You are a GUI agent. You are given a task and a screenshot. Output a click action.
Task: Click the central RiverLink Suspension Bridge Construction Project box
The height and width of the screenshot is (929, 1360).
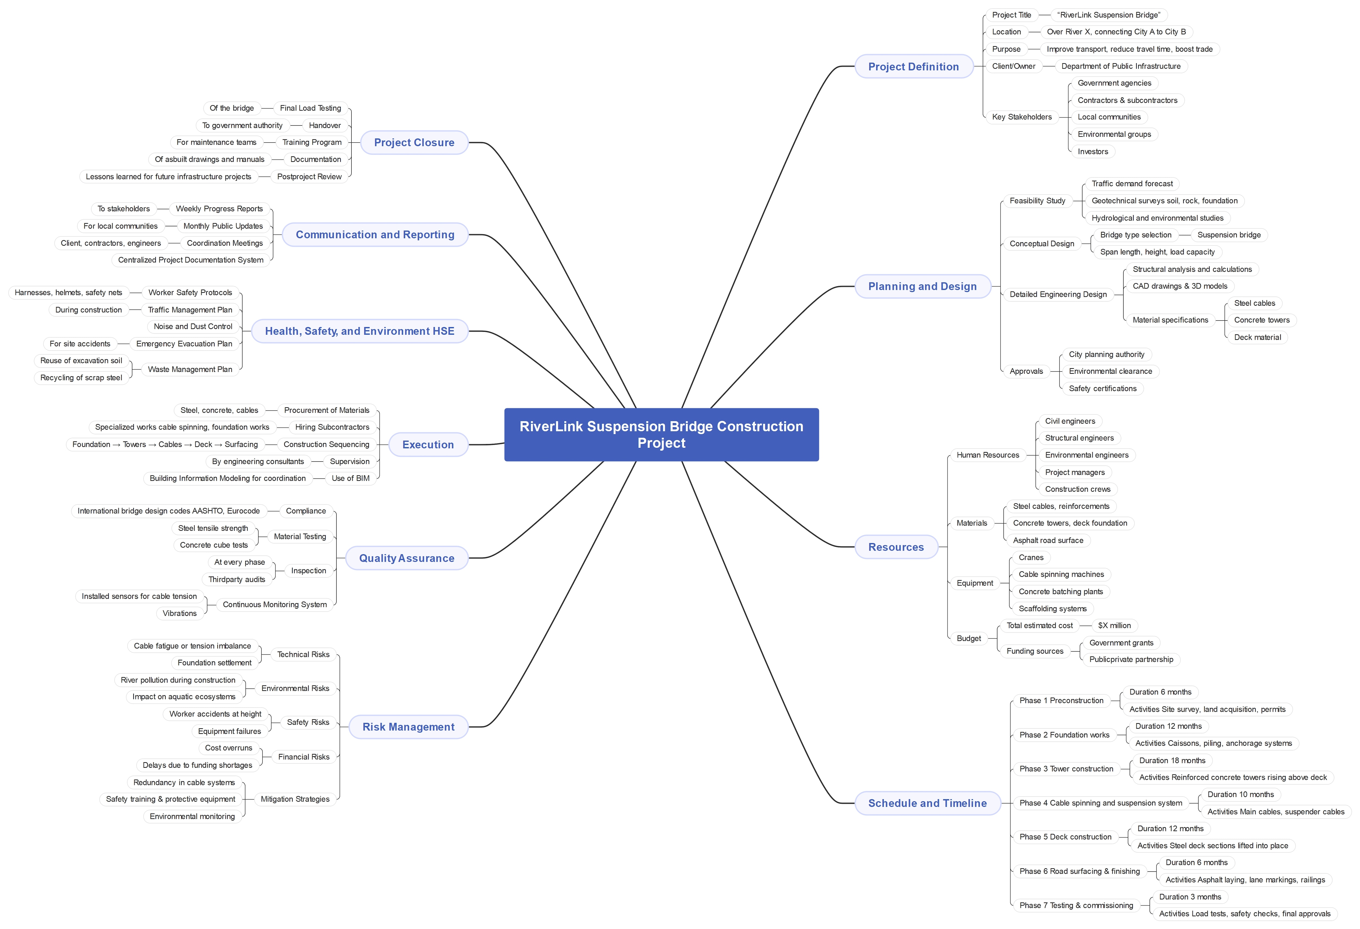pyautogui.click(x=661, y=434)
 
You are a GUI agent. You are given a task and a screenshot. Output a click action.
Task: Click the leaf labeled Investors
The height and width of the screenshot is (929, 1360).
pyautogui.click(x=1093, y=152)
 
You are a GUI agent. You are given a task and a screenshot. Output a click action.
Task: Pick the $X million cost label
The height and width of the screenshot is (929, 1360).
pyautogui.click(x=1114, y=625)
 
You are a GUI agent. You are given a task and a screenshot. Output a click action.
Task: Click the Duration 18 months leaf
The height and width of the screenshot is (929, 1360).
pyautogui.click(x=1172, y=760)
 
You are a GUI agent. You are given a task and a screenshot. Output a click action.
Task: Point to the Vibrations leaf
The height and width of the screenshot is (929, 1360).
pyautogui.click(x=180, y=613)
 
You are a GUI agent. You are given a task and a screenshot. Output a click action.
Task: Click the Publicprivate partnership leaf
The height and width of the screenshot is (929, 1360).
pyautogui.click(x=1131, y=659)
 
